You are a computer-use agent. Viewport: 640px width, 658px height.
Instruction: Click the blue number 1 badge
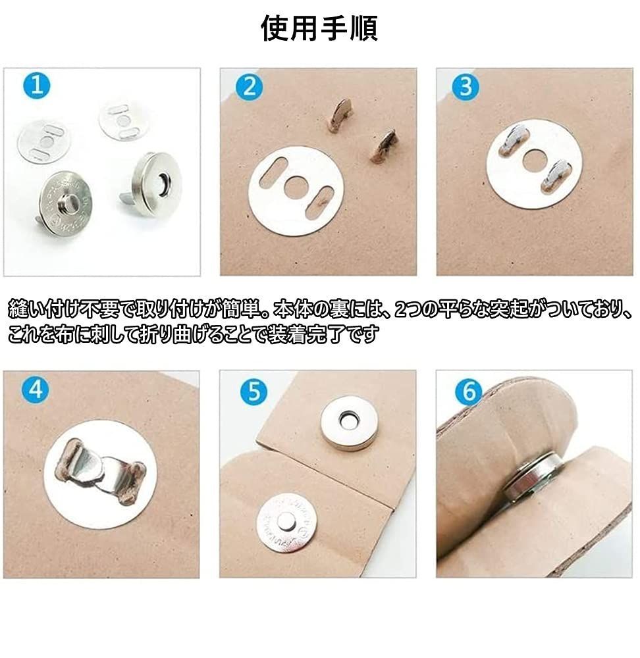[x=37, y=86]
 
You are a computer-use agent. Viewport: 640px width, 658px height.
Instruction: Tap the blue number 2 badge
[x=250, y=87]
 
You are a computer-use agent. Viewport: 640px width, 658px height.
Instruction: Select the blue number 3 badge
[x=466, y=87]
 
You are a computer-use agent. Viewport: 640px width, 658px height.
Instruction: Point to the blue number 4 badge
[x=36, y=389]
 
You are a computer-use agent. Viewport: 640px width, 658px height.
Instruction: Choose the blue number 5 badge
[x=254, y=392]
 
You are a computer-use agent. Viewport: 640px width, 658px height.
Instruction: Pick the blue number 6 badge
[x=469, y=392]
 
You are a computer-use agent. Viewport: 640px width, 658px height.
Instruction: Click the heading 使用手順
[x=319, y=28]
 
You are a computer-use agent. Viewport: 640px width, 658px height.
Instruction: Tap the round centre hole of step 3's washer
[x=534, y=160]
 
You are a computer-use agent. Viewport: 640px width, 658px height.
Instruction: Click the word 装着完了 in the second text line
[x=300, y=334]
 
